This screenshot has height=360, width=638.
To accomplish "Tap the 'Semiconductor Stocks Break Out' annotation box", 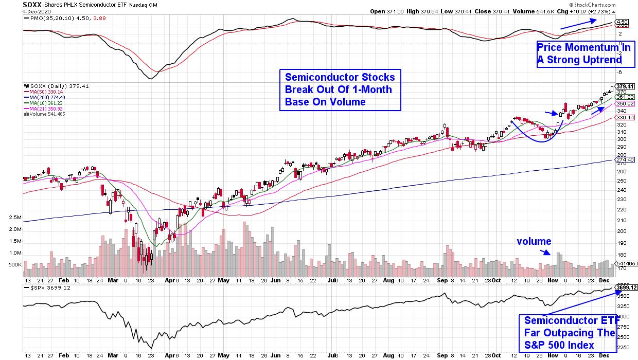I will pos(340,90).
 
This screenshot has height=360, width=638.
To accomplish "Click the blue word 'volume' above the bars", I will pos(534,241).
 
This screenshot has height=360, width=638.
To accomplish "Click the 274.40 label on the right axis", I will pos(623,160).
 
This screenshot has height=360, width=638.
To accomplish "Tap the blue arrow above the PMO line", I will pos(578,24).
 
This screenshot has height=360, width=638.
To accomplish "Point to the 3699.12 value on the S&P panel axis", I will pos(626,287).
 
